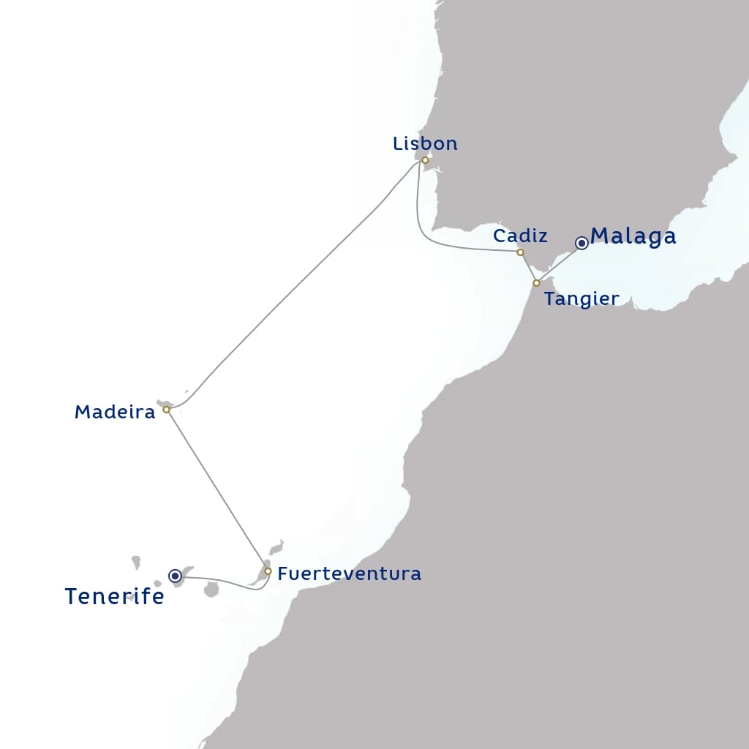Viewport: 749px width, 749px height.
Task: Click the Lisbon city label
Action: pos(425,143)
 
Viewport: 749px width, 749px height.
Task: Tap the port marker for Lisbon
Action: pos(425,159)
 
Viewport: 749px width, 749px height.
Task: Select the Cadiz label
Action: pos(520,236)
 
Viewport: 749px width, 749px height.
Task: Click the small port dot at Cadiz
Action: pos(520,252)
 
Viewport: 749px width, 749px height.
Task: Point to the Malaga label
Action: pos(633,236)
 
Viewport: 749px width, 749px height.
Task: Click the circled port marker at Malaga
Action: pos(581,243)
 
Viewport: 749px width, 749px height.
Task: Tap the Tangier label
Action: pos(581,298)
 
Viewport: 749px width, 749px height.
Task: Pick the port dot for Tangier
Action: pos(536,282)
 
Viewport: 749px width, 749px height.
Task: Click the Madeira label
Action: pos(115,413)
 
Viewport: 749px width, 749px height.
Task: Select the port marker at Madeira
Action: pos(166,410)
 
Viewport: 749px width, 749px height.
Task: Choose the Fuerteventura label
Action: pos(350,573)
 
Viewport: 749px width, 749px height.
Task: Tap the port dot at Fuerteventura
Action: pos(268,571)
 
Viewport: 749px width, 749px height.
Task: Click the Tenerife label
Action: pos(114,597)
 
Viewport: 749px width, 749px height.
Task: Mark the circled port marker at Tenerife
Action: pos(176,576)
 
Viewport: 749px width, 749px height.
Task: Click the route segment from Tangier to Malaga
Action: pos(559,263)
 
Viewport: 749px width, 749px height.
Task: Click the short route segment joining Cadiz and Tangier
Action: pos(528,268)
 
